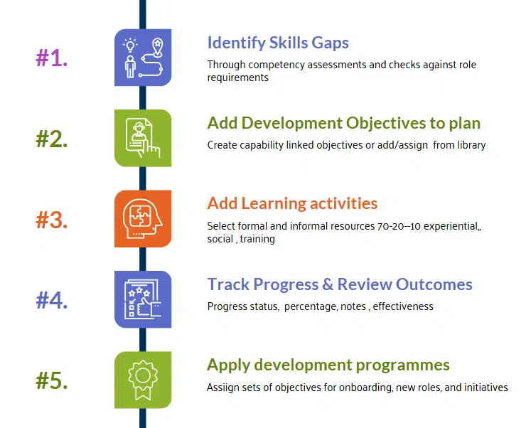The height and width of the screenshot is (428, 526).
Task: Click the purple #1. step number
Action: pyautogui.click(x=52, y=58)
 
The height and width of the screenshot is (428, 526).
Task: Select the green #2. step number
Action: pyautogui.click(x=52, y=139)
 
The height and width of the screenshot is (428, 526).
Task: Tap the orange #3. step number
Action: pyautogui.click(x=52, y=220)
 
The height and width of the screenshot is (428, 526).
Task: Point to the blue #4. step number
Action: pyautogui.click(x=52, y=300)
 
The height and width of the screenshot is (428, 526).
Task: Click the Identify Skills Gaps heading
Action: pyautogui.click(x=278, y=43)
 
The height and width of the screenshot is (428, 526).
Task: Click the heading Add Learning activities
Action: pyautogui.click(x=292, y=203)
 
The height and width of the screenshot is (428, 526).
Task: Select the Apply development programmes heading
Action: pyautogui.click(x=328, y=365)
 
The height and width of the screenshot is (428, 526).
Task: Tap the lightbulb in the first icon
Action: pyautogui.click(x=130, y=46)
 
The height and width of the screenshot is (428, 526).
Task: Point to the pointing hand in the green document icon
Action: pyautogui.click(x=151, y=147)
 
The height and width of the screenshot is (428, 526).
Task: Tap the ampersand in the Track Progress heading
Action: pyautogui.click(x=327, y=284)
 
